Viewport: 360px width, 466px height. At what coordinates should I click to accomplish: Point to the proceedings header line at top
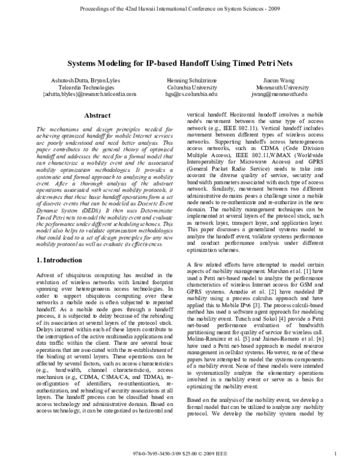[179, 10]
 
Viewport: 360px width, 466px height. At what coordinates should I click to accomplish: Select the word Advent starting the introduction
[47, 274]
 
